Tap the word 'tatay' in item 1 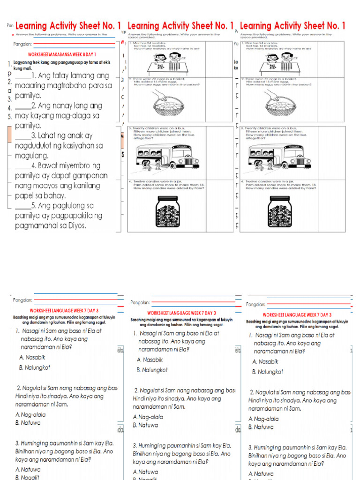tap(58, 75)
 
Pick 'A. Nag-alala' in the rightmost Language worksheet tap(263, 419)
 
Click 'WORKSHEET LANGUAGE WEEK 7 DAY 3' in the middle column tap(181, 313)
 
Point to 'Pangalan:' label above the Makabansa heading tap(23, 45)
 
